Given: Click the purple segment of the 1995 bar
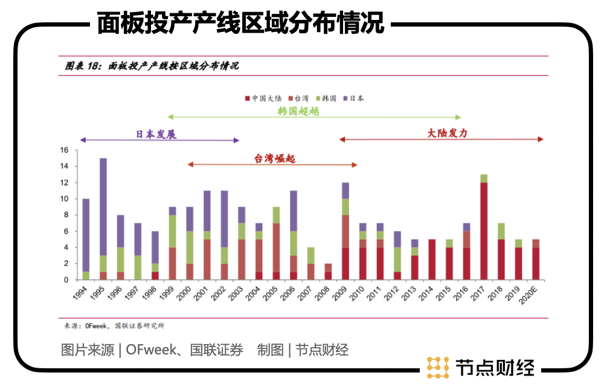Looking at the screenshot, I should [103, 206].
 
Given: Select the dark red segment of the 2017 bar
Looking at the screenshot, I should [483, 231].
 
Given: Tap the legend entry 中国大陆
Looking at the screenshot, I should [263, 98].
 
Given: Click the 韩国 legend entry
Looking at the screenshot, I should [326, 98].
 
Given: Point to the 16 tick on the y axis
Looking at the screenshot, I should [65, 150].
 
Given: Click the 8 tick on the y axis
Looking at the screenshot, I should [66, 215].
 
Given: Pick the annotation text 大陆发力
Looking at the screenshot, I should [447, 133].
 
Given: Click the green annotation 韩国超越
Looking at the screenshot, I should [298, 111].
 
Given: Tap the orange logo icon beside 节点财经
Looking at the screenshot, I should [438, 367].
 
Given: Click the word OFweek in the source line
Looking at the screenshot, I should [147, 350].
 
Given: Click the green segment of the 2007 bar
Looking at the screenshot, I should [310, 255].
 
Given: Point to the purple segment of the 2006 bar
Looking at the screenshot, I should [293, 211].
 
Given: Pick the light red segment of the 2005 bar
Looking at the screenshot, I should [276, 248].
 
